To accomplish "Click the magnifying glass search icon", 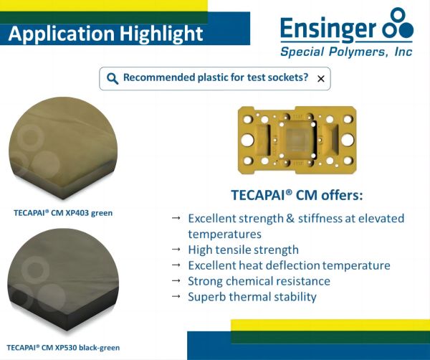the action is point(113,79).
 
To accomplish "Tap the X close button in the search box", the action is point(320,79).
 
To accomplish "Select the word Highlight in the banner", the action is point(161,34).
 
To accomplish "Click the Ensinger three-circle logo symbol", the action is point(398,24).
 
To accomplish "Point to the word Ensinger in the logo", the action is point(328,29).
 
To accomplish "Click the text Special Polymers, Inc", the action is point(346,52).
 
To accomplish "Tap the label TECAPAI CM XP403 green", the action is point(63,213).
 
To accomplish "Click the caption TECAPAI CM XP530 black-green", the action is point(63,348).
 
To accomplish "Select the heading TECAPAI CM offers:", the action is point(297,195).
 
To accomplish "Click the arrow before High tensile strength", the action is point(176,250).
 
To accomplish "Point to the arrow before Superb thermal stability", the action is point(176,296).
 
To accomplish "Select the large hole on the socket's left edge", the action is point(247,139).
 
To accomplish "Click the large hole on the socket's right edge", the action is point(348,139).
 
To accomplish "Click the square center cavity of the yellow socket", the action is point(298,139).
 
